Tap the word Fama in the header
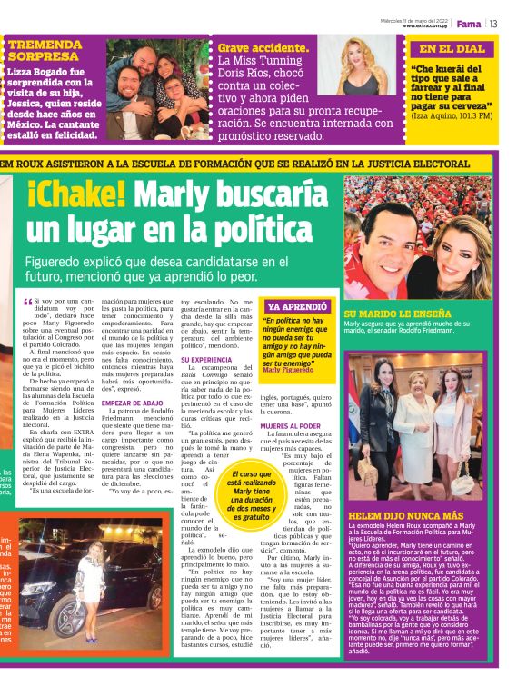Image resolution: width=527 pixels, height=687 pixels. (x=470, y=23)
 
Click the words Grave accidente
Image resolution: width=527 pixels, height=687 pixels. (x=263, y=47)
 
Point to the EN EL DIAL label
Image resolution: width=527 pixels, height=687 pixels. (x=452, y=49)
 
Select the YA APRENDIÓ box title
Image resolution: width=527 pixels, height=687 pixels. (x=293, y=306)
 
